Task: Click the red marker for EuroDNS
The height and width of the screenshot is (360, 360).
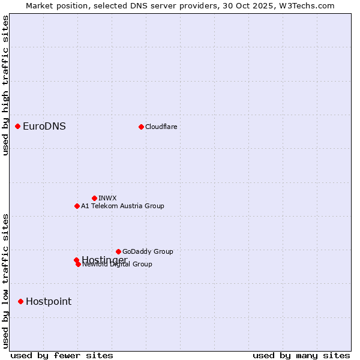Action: point(18,126)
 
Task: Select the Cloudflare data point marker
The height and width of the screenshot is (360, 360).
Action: point(141,127)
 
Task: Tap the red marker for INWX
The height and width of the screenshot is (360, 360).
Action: point(94,198)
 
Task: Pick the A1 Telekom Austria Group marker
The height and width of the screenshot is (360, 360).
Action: point(77,206)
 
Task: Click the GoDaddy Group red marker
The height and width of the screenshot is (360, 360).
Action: point(118,251)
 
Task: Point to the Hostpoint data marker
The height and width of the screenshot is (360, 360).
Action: point(20,301)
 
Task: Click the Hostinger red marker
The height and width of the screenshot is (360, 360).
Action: point(76,260)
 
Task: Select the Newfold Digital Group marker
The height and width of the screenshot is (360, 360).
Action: point(78,264)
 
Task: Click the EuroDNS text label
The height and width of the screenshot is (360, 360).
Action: point(44,126)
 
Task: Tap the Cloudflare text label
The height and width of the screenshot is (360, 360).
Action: point(161,127)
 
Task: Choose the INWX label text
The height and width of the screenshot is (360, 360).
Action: point(107,198)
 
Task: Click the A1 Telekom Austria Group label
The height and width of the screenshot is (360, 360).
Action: point(122,206)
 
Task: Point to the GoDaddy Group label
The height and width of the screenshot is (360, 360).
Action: point(148,251)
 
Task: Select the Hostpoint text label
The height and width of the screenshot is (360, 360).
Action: point(49,301)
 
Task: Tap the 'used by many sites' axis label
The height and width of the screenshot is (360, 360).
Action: point(301,355)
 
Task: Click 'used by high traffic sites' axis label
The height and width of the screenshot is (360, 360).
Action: point(5,85)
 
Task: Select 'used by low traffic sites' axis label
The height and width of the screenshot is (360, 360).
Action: point(5,280)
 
